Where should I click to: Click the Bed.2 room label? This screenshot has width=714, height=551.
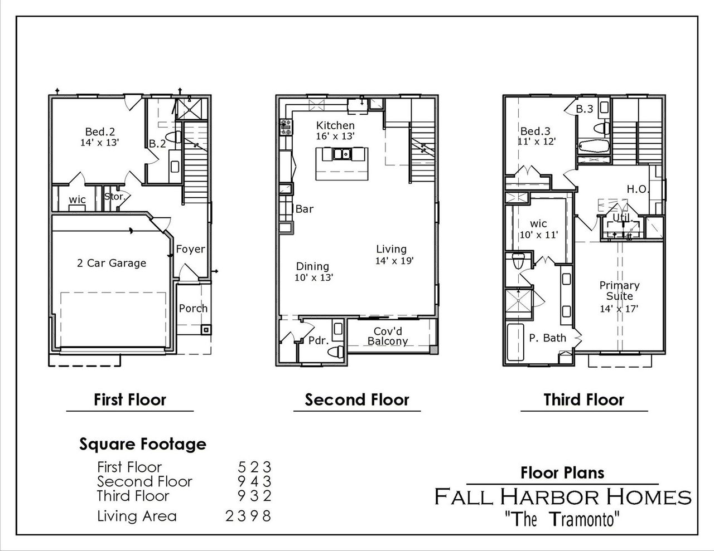tap(100, 131)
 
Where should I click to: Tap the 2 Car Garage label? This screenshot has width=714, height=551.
tap(112, 263)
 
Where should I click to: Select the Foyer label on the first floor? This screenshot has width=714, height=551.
tap(190, 249)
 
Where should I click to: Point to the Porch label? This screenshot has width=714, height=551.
tap(193, 308)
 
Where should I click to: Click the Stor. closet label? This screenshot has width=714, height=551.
tap(114, 196)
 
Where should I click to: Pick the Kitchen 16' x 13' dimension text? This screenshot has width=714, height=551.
tap(335, 136)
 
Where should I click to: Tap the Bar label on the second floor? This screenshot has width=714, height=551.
tap(304, 209)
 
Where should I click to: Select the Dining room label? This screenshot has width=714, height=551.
tap(312, 266)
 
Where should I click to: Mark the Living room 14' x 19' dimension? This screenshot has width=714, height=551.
tap(394, 260)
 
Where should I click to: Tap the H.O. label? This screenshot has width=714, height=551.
tap(638, 189)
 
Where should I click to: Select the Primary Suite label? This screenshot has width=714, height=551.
tap(619, 290)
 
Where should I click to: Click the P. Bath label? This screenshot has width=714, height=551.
tap(547, 338)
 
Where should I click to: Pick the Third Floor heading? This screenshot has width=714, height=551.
tap(583, 399)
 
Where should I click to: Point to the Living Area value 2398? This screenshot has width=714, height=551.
tap(248, 516)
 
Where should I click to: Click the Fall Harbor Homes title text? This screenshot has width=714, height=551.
tap(563, 496)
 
